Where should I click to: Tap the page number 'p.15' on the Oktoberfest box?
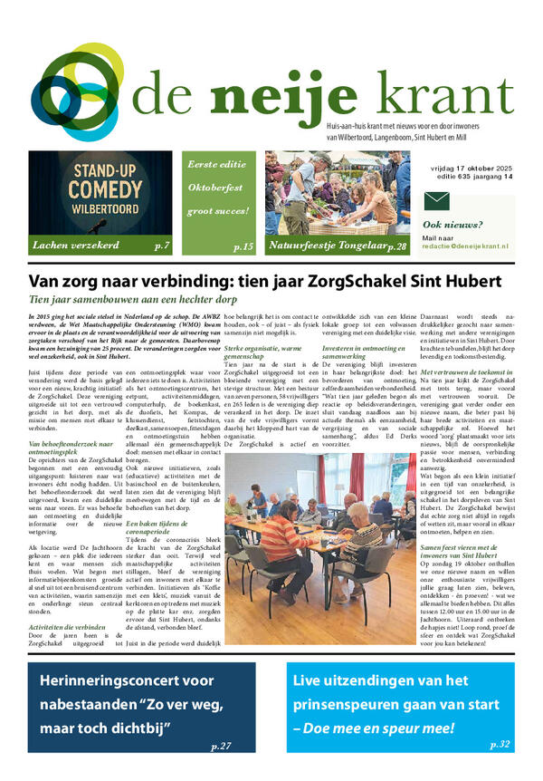coord(243,246)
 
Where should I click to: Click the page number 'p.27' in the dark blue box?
coord(220,747)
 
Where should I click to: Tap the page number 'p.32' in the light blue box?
coord(499,743)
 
